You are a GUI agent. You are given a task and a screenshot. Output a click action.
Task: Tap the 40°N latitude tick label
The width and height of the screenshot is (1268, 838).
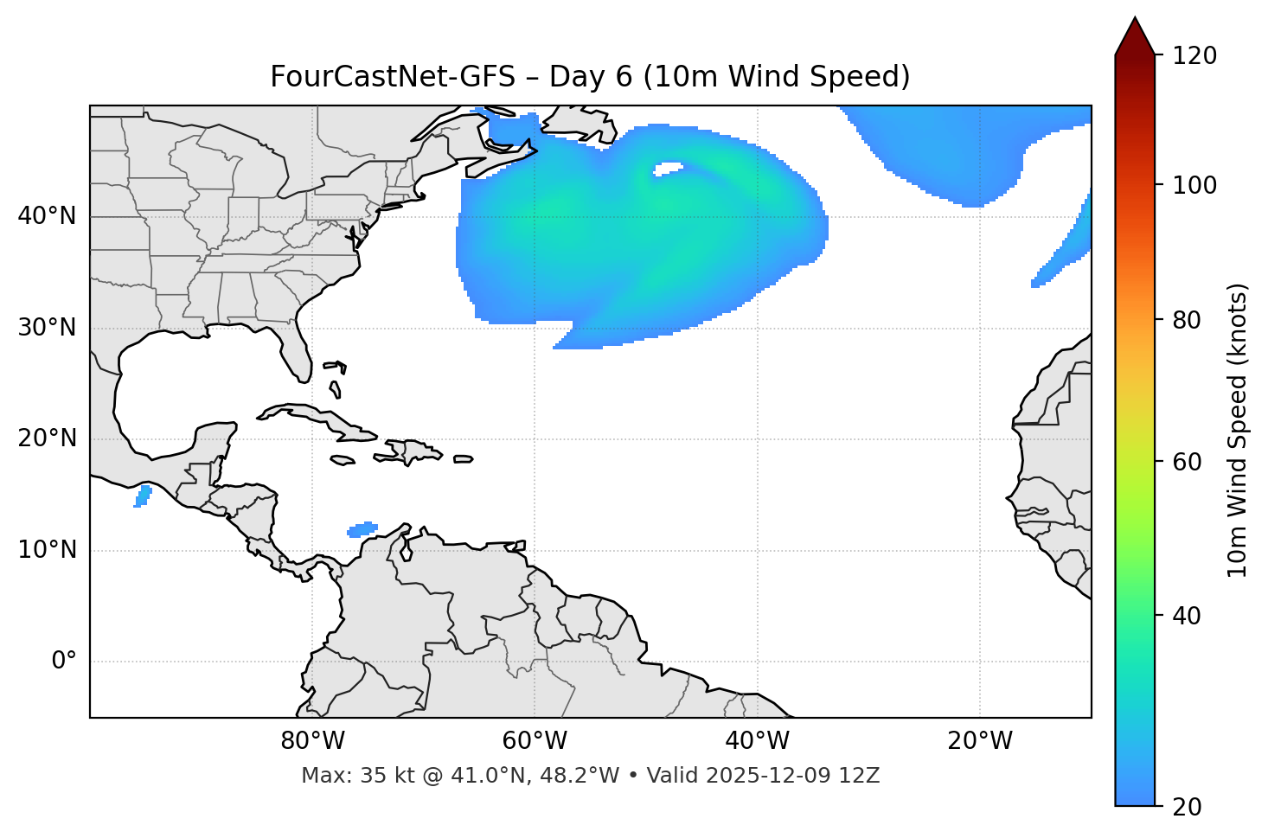pos(47,216)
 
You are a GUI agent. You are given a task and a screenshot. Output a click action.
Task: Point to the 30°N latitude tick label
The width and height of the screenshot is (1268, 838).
pos(47,328)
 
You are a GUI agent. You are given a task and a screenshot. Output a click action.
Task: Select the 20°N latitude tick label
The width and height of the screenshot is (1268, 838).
pos(47,438)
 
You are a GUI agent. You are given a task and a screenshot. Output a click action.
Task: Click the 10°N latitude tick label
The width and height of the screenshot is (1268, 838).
pos(47,550)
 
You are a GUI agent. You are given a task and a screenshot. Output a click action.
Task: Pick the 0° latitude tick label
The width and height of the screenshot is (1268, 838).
pos(64,662)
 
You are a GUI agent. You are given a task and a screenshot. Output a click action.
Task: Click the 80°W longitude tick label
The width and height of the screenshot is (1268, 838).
pos(312,741)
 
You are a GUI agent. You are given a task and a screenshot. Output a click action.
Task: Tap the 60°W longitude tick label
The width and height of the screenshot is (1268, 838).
pos(535,741)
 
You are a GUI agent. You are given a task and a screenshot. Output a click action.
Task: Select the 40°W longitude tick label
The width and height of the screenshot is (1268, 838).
pos(757,741)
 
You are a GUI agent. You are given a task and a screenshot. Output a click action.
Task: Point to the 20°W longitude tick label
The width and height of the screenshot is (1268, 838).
pos(979,741)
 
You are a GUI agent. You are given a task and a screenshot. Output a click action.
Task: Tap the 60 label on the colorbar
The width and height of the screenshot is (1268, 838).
pos(1188,462)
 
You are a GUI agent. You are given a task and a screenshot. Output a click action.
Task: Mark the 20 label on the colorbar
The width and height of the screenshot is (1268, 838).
pos(1188,807)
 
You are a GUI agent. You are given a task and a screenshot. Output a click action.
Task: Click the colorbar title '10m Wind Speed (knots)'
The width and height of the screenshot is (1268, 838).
pos(1237,430)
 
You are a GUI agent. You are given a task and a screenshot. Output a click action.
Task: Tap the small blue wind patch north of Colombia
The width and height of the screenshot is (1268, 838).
pos(362,529)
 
